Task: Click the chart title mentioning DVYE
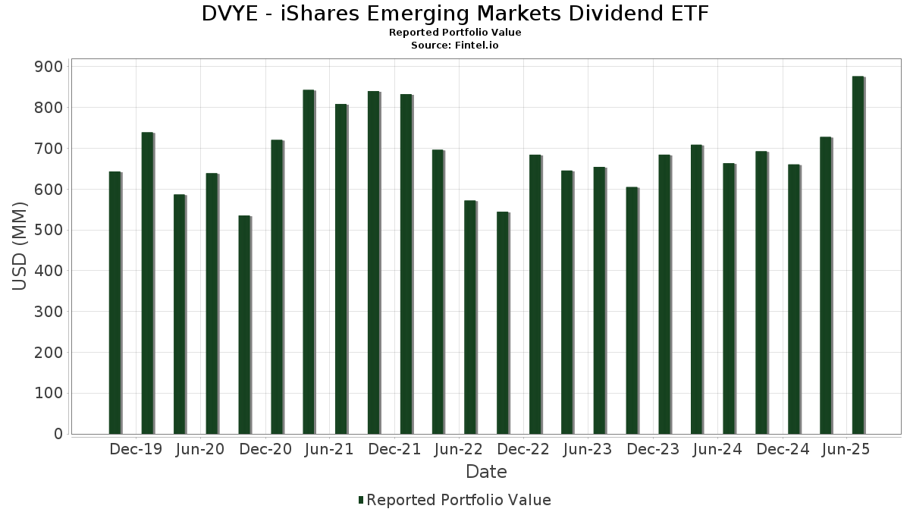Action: tap(455, 14)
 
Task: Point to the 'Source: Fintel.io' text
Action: tap(455, 46)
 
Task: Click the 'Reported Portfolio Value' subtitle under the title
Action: tap(455, 33)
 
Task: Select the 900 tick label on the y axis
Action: tap(49, 67)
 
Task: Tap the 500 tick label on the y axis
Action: tap(49, 231)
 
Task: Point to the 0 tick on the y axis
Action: tap(58, 434)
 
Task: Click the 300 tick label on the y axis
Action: tap(49, 312)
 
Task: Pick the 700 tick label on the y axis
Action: tap(49, 149)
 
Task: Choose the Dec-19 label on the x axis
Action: tap(136, 449)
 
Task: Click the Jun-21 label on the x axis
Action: tap(329, 449)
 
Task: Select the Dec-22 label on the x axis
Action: tap(523, 449)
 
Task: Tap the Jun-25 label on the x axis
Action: tap(846, 449)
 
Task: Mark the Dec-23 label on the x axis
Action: tap(653, 449)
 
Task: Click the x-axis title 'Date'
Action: tap(486, 472)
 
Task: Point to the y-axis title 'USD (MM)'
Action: tap(20, 247)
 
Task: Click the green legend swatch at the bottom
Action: tap(361, 500)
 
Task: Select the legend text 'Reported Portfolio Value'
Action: tap(459, 500)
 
